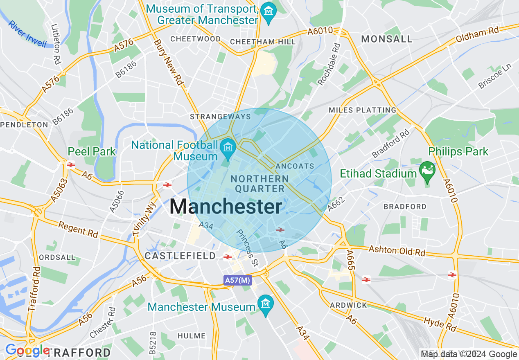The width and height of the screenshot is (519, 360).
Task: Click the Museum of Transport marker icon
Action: [269, 12]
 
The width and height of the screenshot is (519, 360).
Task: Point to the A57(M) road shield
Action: [237, 280]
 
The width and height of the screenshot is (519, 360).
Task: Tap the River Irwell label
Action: [27, 34]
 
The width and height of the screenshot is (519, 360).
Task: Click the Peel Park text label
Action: [92, 152]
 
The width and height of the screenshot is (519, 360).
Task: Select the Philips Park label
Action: [458, 152]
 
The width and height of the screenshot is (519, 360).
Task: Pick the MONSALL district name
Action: [387, 39]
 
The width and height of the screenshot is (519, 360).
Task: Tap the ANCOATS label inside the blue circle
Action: [295, 166]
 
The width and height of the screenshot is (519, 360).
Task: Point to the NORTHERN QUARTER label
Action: [259, 184]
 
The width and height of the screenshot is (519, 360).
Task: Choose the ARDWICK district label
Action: [348, 305]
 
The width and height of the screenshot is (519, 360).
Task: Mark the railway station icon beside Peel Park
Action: [70, 164]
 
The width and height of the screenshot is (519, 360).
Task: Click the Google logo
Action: [27, 351]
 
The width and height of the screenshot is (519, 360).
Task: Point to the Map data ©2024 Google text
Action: [469, 354]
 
